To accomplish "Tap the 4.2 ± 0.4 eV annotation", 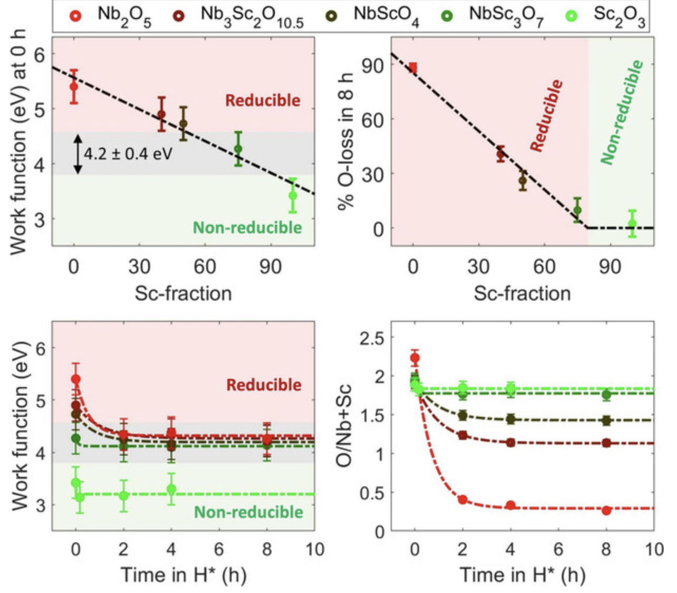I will click(x=128, y=154).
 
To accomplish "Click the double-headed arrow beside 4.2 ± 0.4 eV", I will click(x=78, y=154).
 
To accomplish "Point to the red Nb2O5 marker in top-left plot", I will click(x=74, y=86).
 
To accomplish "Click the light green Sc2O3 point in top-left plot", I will click(x=293, y=196).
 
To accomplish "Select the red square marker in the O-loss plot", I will click(x=413, y=68).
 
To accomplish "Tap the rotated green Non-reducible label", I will click(x=622, y=112).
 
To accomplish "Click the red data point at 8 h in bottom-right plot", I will click(x=606, y=510).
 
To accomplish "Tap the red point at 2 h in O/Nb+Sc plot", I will click(x=462, y=499).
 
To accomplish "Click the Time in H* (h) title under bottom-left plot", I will click(x=183, y=574).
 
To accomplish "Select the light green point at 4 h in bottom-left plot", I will click(x=171, y=489).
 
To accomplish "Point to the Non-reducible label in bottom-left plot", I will click(x=248, y=512).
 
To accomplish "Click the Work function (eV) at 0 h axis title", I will click(x=19, y=141).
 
